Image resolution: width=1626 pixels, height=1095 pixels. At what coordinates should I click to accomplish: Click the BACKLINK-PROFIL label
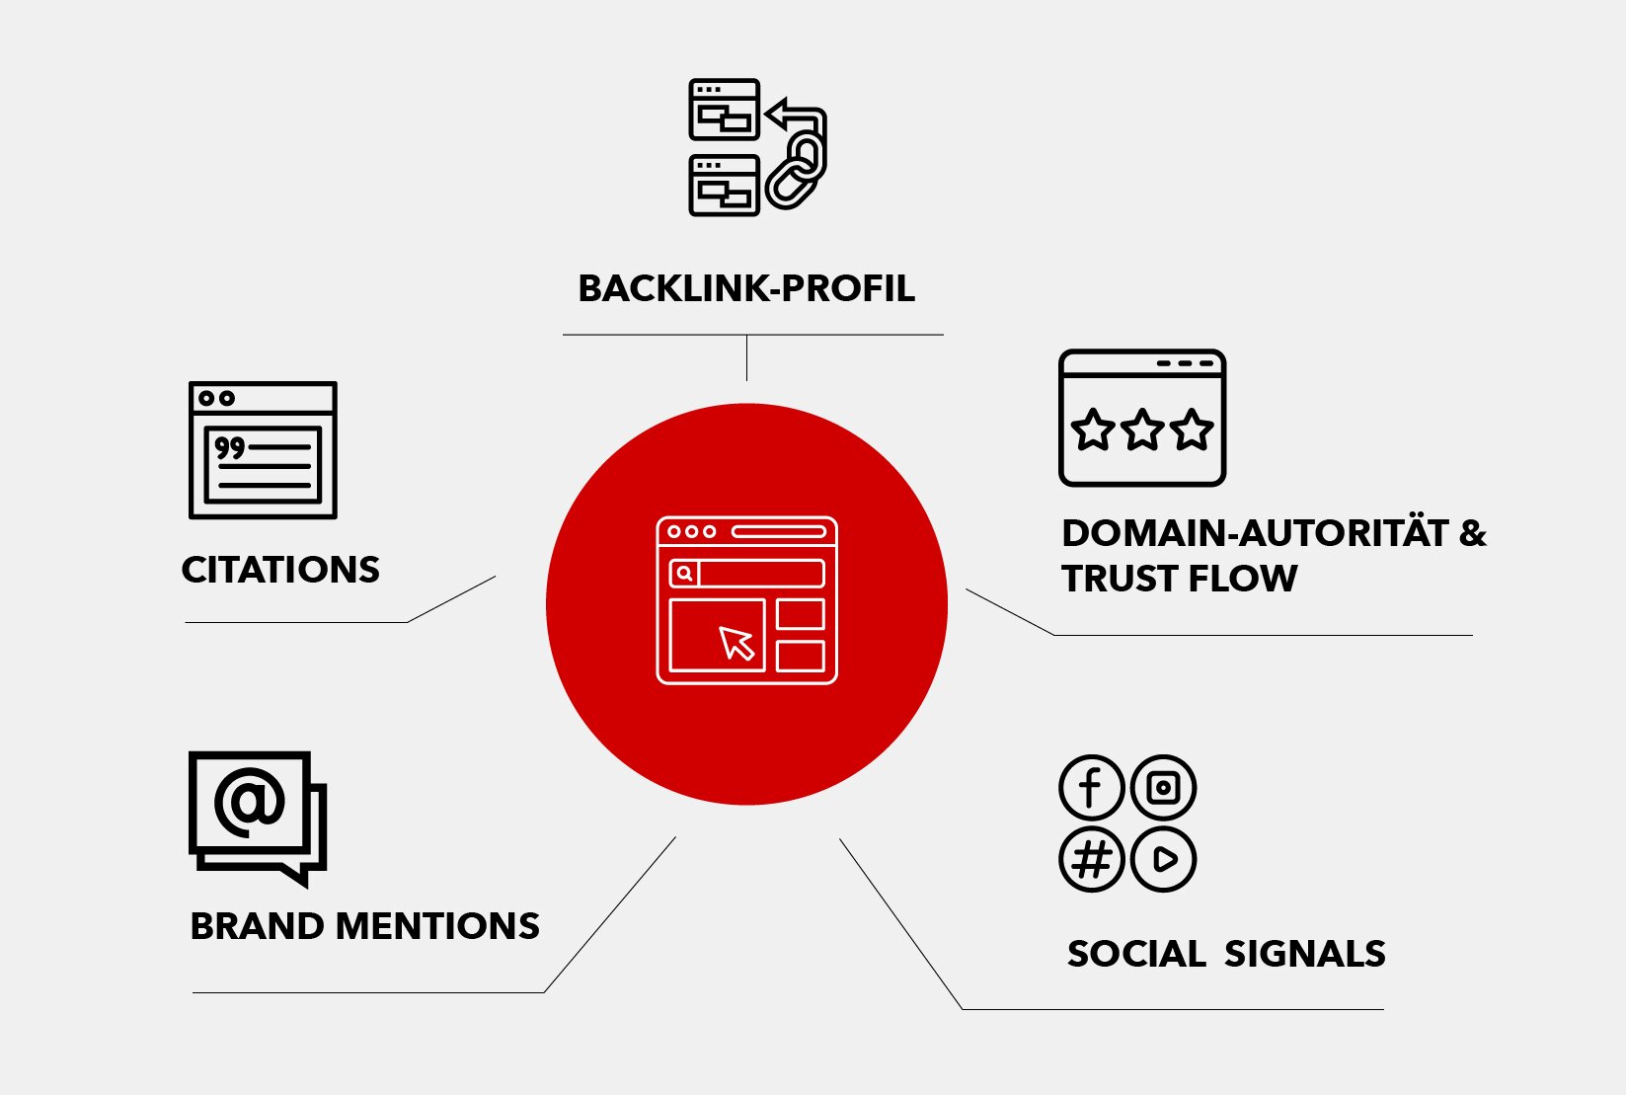click(x=746, y=288)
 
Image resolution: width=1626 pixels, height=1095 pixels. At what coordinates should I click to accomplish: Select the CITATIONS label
click(x=280, y=570)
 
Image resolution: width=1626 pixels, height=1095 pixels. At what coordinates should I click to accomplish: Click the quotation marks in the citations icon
click(x=229, y=448)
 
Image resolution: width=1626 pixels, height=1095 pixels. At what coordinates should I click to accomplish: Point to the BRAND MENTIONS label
click(x=364, y=926)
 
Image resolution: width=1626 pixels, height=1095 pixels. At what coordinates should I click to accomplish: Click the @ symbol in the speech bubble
click(x=249, y=802)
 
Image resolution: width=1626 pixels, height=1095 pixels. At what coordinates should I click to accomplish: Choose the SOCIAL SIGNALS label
click(x=1226, y=954)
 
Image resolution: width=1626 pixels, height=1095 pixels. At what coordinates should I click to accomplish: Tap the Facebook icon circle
click(x=1091, y=788)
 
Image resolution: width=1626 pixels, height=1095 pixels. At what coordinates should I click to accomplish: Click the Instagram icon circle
click(x=1163, y=788)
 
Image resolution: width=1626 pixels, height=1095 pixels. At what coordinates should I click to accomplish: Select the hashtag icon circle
click(x=1091, y=860)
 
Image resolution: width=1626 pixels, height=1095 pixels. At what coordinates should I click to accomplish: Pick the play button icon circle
click(x=1163, y=860)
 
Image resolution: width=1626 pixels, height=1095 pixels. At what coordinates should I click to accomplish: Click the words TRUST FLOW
click(x=1179, y=579)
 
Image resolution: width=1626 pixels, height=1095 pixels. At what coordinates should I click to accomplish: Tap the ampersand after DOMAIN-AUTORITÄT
click(x=1472, y=533)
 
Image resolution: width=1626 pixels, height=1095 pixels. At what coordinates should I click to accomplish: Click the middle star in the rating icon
click(x=1142, y=430)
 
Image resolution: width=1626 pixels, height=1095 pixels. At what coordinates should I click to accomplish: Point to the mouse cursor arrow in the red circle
click(x=736, y=643)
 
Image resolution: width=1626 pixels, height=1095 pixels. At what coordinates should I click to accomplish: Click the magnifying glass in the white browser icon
click(x=684, y=574)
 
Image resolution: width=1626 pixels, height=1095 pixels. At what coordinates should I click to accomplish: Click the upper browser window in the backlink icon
click(x=724, y=110)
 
